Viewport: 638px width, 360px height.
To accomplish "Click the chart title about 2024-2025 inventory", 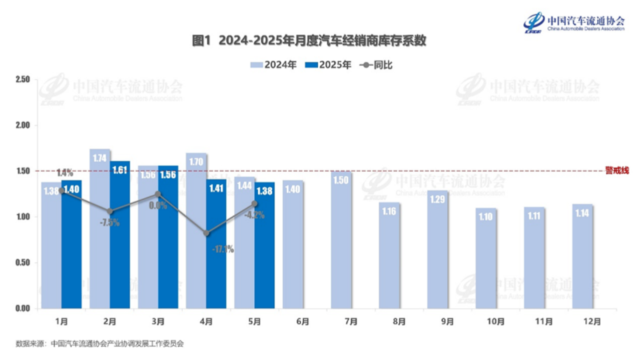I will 309,41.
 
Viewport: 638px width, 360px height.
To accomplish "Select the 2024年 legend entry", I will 274,65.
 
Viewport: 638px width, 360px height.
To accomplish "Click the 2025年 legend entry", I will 328,65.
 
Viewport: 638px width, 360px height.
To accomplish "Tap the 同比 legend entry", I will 376,65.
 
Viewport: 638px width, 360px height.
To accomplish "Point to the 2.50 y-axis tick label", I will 23,79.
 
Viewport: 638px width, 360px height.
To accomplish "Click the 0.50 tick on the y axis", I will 23,263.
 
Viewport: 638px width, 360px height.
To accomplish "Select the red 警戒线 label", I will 617,170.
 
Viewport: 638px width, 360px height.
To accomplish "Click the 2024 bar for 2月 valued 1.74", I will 100,230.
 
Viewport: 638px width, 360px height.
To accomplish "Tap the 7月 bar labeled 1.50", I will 341,240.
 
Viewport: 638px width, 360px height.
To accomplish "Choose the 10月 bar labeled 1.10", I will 486,260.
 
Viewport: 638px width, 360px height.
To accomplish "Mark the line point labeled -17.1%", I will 206,233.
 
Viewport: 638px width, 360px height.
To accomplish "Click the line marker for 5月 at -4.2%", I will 255,203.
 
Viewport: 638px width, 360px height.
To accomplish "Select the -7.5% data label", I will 109,223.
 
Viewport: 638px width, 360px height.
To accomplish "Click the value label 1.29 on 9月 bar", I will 438,199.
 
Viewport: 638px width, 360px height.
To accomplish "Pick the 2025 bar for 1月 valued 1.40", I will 71,245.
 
